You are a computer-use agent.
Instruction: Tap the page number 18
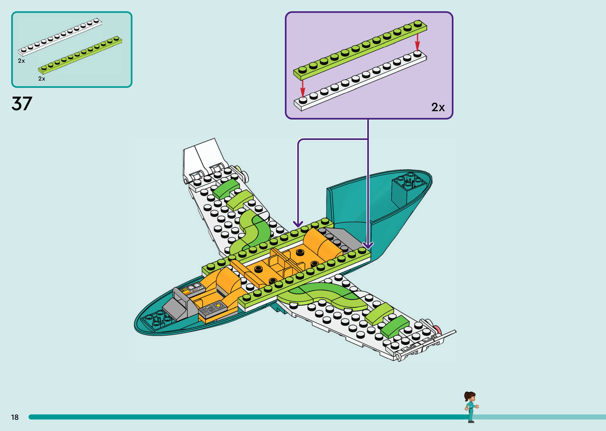(x=15, y=417)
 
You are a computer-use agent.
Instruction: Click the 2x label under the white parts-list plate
(x=21, y=61)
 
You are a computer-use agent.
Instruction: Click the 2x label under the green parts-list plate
(x=42, y=78)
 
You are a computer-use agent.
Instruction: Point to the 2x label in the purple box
(x=438, y=107)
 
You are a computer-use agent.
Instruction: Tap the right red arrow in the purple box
(x=417, y=42)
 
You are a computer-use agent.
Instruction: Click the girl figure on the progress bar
(x=471, y=406)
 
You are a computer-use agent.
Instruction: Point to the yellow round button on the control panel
(x=218, y=305)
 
